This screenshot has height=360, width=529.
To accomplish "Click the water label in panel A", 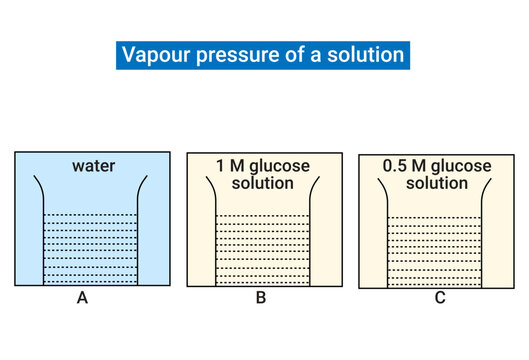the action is click(x=94, y=166).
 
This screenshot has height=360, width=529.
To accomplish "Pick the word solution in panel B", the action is click(x=262, y=184).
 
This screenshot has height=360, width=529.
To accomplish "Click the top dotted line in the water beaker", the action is click(x=94, y=216).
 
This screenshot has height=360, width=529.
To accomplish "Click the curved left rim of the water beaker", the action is click(x=39, y=190).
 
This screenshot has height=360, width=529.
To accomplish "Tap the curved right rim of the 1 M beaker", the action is click(x=315, y=190).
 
